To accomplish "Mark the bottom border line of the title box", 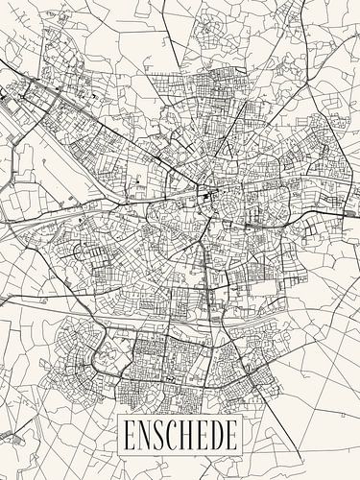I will pos(179,454).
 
